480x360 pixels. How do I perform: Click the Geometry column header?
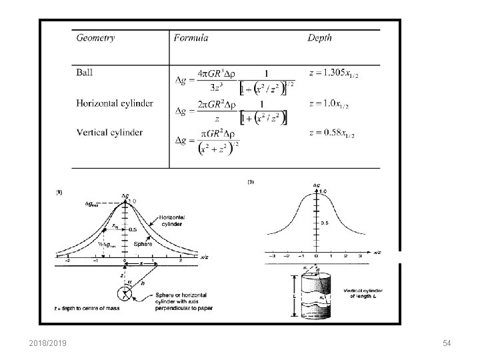[95, 38]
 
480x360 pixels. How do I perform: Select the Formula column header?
[191, 38]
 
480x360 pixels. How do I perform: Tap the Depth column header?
[319, 38]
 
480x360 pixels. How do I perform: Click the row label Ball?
[85, 71]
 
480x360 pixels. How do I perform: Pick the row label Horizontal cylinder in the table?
[115, 103]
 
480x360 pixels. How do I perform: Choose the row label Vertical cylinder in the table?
[109, 132]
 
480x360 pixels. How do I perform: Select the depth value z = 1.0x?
[328, 105]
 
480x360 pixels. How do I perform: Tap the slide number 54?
[447, 343]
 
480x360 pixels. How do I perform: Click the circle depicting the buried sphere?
[125, 293]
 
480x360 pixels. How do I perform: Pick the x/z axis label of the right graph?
[377, 252]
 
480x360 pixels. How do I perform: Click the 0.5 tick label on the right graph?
[325, 223]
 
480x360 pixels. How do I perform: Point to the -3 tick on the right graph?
[271, 255]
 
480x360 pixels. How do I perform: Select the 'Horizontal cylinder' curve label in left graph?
[172, 221]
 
